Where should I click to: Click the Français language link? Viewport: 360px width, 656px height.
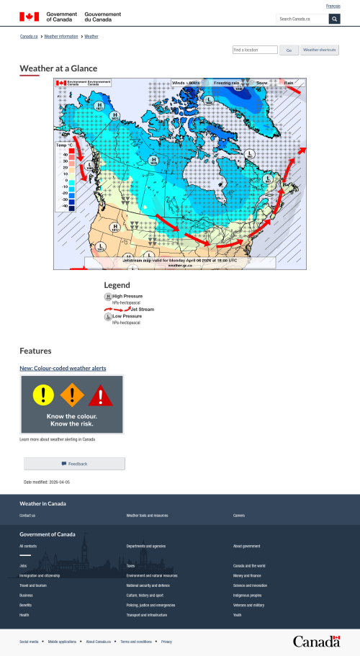pos(333,6)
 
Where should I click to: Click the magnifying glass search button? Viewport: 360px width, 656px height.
pos(334,19)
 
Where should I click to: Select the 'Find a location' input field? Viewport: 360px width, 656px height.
pos(255,50)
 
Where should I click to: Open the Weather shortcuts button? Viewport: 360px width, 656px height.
pos(320,50)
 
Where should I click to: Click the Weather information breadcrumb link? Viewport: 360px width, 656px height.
pos(61,35)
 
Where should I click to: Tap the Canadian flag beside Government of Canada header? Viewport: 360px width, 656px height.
pos(30,16)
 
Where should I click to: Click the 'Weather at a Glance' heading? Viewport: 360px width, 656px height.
pos(58,68)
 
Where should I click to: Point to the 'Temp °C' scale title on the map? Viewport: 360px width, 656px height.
pos(65,145)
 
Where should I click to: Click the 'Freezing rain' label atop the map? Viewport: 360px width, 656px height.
pos(226,83)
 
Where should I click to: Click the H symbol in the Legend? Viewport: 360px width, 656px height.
pos(108,296)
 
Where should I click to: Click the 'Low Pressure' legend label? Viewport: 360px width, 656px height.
pos(127,316)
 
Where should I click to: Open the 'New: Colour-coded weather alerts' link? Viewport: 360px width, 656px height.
pos(63,368)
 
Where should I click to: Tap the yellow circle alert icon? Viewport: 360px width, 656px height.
pos(43,394)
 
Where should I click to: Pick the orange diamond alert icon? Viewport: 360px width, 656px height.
pos(72,394)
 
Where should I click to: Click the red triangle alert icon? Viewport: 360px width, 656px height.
pos(101,395)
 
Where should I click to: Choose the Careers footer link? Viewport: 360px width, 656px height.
pos(238,516)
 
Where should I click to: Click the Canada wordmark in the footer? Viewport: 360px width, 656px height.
pos(316,641)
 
